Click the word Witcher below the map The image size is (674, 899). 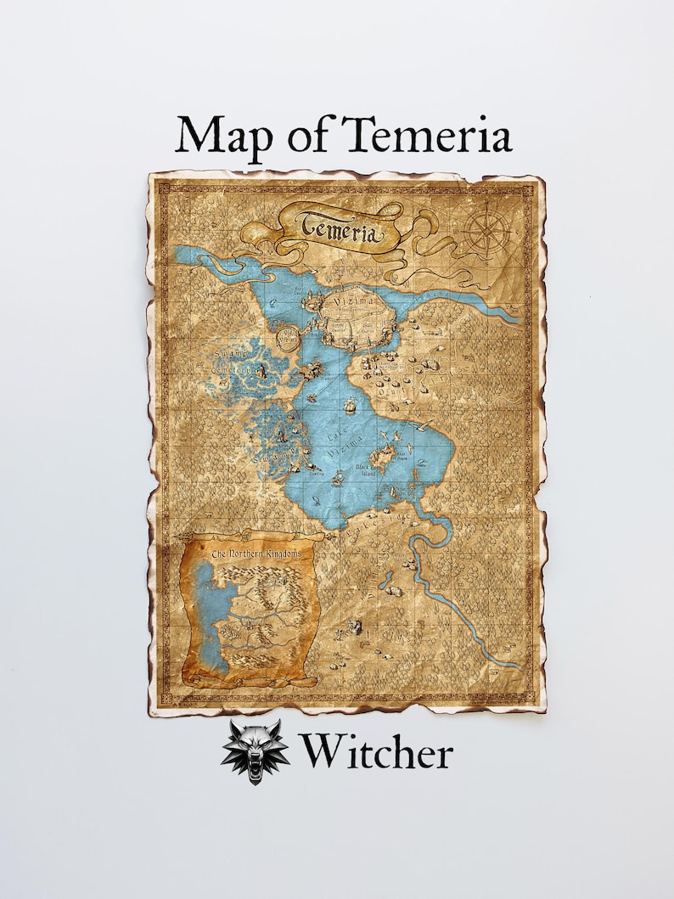(x=374, y=752)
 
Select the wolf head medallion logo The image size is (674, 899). (x=255, y=751)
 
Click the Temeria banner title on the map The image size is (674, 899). (x=339, y=227)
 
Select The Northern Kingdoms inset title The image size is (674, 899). (x=250, y=553)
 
